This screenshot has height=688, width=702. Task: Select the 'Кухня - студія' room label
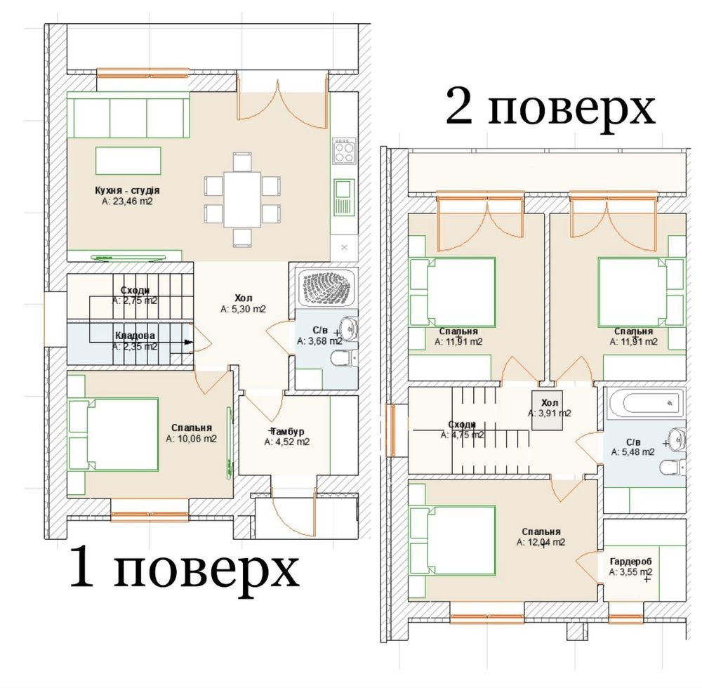[127, 190]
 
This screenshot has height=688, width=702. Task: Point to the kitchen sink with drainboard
[344, 197]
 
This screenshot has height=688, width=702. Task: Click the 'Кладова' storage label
[135, 336]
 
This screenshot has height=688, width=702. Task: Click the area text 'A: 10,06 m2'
[191, 439]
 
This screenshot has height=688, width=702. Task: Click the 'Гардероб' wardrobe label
[631, 562]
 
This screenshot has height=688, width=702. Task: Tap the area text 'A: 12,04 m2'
[541, 543]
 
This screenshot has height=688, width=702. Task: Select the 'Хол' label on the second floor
[550, 403]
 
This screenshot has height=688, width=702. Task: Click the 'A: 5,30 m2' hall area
[243, 310]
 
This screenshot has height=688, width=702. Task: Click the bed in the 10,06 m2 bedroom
[114, 435]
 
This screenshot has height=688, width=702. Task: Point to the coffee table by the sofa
[128, 161]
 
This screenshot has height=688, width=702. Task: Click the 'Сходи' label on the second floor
[462, 424]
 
